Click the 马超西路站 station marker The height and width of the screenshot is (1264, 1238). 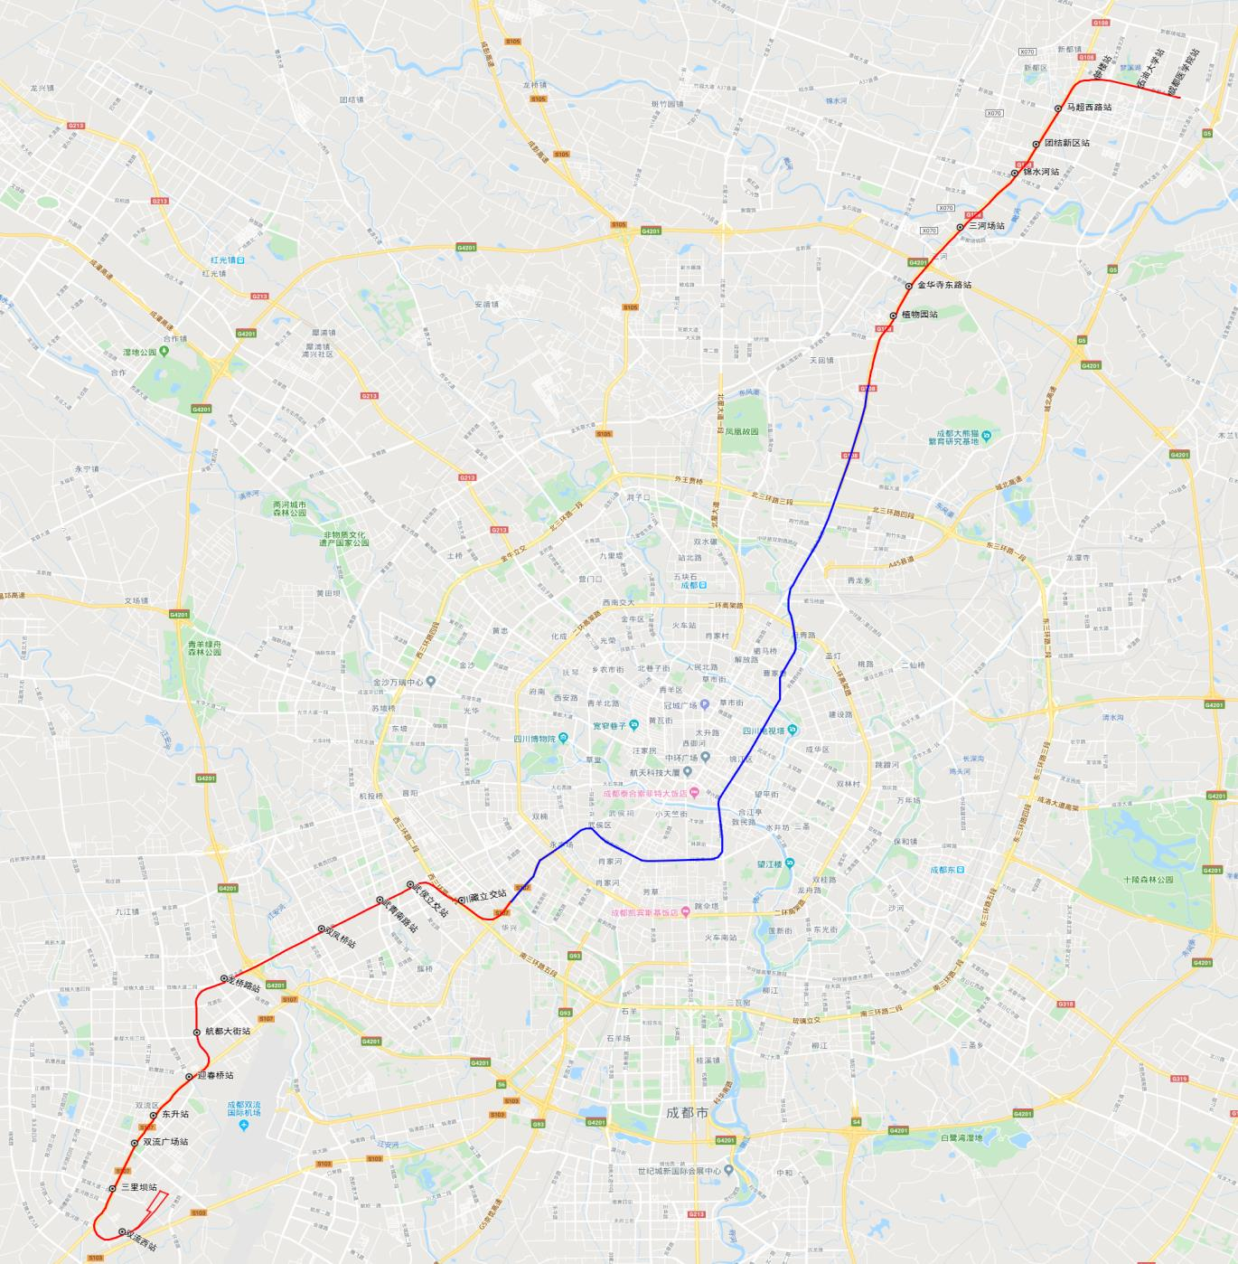[1058, 108]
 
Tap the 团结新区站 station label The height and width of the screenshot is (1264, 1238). [1067, 143]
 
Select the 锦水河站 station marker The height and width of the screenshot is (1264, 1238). [1015, 173]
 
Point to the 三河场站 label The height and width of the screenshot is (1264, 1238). [987, 226]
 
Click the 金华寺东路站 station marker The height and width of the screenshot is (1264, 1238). [909, 286]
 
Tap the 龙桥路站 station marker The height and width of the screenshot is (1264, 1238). [224, 978]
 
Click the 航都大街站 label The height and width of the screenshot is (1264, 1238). [228, 1032]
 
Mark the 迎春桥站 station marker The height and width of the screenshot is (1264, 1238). [189, 1076]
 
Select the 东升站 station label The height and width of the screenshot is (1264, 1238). [175, 1115]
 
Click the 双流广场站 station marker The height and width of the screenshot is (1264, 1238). [135, 1143]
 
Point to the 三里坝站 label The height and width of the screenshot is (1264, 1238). [139, 1188]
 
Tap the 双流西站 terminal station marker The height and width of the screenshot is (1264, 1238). [122, 1232]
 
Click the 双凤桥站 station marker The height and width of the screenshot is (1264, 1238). [321, 929]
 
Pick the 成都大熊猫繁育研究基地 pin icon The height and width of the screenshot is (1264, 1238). [986, 437]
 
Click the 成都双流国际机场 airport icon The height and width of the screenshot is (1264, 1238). [243, 1126]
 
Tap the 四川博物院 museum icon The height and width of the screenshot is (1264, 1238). [563, 738]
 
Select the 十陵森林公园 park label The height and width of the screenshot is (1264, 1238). [1149, 879]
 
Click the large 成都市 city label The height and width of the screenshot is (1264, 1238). [687, 1113]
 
